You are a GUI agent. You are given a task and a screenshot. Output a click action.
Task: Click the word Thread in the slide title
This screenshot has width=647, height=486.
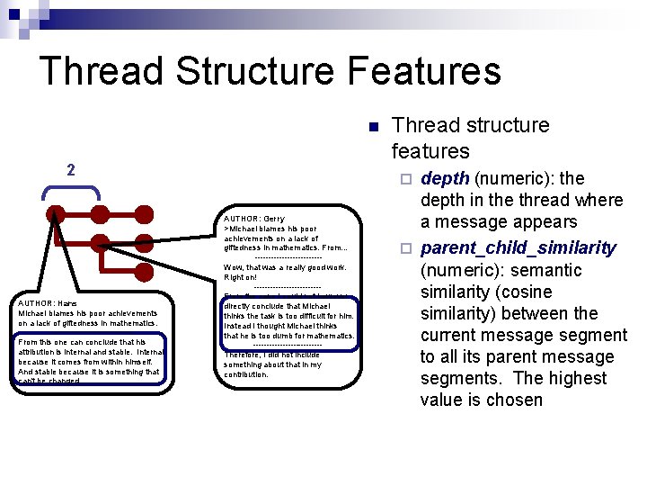click(99, 72)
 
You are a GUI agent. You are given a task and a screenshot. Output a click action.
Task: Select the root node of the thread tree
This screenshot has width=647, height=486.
click(56, 214)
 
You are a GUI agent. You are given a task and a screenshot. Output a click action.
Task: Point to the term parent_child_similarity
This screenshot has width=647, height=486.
click(518, 247)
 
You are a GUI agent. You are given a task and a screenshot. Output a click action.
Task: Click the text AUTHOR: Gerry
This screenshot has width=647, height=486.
click(254, 219)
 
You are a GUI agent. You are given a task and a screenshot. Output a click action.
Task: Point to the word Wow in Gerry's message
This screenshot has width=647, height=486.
click(233, 267)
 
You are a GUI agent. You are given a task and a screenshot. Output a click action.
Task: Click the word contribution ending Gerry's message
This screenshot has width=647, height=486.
click(246, 374)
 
